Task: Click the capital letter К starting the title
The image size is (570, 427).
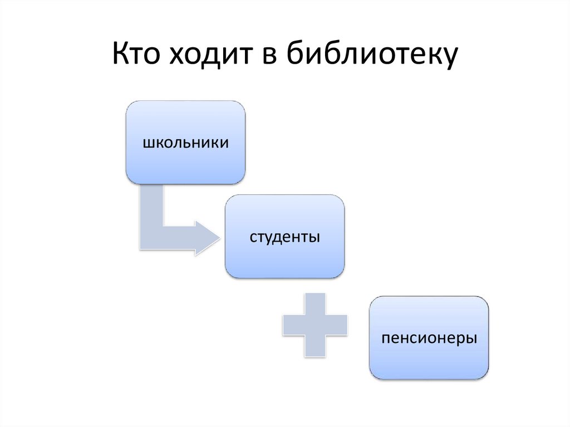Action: pyautogui.click(x=121, y=57)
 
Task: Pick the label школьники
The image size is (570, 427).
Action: pyautogui.click(x=185, y=143)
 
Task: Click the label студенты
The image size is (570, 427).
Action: pyautogui.click(x=284, y=237)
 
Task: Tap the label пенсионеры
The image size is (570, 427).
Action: pyautogui.click(x=429, y=338)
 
